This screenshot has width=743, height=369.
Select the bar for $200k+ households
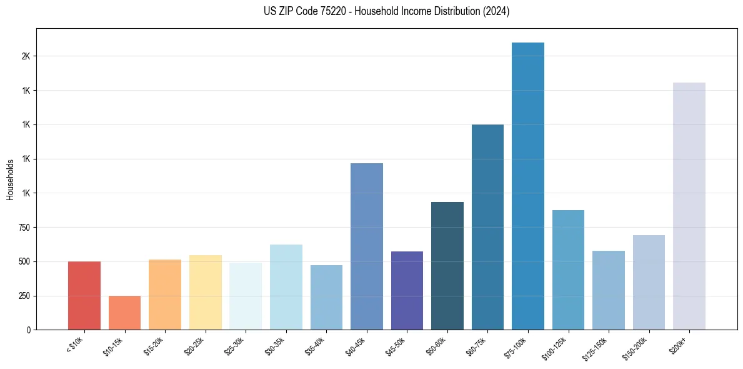click(x=689, y=206)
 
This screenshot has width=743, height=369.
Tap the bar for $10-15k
click(x=124, y=313)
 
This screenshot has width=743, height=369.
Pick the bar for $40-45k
click(x=366, y=246)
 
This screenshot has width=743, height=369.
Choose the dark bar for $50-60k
click(x=447, y=266)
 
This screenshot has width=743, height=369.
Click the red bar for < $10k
click(x=84, y=295)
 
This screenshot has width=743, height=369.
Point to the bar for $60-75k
click(x=487, y=227)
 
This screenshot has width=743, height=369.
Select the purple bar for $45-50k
click(x=407, y=290)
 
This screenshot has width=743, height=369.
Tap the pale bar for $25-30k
click(x=246, y=296)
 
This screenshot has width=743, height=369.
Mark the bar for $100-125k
click(x=568, y=270)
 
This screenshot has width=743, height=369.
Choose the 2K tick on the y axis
click(x=26, y=56)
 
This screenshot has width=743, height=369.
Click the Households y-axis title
click(x=10, y=179)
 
